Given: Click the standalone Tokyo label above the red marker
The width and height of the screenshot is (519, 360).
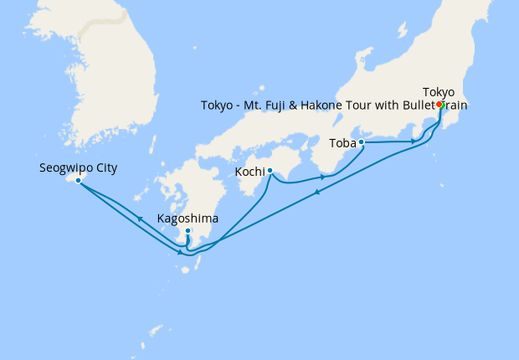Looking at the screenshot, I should [439, 91].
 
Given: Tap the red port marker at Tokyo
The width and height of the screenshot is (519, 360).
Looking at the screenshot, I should [439, 105].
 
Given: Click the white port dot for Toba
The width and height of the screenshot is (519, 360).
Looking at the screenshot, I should [362, 142].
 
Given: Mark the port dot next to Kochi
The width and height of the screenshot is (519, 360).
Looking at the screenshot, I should [270, 171].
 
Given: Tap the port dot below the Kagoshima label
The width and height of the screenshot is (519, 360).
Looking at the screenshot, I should [188, 231].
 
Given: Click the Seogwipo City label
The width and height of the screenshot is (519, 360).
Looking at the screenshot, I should [78, 167].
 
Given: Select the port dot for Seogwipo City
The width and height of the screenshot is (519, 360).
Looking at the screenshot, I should [78, 180].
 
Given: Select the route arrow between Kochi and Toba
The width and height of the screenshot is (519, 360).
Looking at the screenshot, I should [322, 177].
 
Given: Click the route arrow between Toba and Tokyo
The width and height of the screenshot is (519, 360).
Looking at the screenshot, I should [414, 141].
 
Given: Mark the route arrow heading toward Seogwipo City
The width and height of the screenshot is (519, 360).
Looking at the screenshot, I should [139, 218].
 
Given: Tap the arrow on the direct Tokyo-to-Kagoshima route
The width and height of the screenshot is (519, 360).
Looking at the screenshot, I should [317, 193].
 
